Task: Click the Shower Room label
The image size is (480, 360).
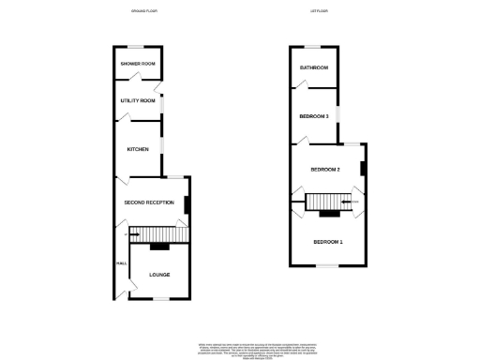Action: click(137, 64)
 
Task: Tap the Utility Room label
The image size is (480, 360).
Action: click(137, 99)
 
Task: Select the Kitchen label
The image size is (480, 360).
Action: click(138, 149)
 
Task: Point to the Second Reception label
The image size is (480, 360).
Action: click(150, 202)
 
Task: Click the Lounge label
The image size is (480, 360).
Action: click(158, 274)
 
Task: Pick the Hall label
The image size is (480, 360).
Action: click(121, 263)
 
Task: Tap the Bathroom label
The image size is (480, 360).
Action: click(313, 67)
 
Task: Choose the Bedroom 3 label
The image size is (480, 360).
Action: click(314, 116)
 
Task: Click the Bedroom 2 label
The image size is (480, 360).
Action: click(324, 169)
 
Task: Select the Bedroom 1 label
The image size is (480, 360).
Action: click(327, 242)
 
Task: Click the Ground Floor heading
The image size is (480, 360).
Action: click(142, 11)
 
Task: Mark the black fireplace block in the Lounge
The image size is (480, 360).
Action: click(158, 247)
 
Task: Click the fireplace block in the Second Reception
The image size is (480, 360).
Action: click(187, 204)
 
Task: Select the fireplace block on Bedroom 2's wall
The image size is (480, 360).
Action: click(364, 168)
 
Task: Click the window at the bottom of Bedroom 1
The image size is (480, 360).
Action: click(327, 265)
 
